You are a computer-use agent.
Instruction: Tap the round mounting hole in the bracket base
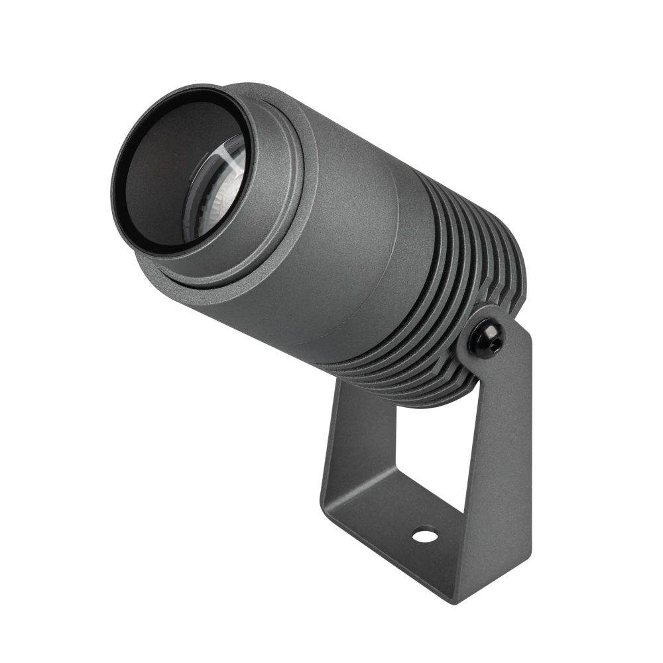click(424, 534)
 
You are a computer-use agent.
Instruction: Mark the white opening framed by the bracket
click(431, 451)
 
